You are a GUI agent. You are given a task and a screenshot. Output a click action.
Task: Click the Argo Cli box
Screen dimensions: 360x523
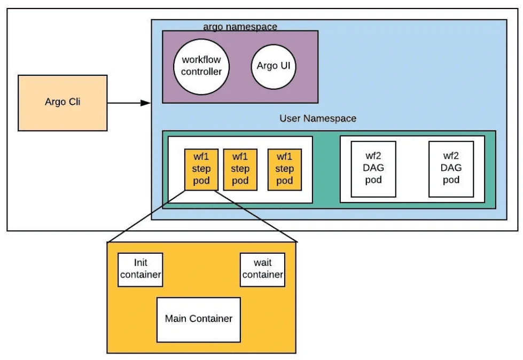[x=63, y=103]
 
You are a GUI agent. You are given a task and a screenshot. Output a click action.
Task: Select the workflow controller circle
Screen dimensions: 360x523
[x=201, y=66]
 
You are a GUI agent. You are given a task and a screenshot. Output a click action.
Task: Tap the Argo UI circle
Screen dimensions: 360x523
[x=274, y=66]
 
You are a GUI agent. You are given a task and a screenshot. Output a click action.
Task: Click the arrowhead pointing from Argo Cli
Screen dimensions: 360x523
[x=145, y=103]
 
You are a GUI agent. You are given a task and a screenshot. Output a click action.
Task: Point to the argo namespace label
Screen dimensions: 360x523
[x=240, y=26]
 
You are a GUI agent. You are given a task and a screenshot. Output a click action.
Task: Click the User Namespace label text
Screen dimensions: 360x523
[x=317, y=118]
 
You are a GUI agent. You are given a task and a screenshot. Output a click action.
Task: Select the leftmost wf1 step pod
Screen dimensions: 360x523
[x=201, y=169]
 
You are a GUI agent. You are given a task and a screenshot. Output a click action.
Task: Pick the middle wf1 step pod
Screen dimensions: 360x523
[x=240, y=169]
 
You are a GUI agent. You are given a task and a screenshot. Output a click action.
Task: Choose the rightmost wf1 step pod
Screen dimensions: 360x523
[x=284, y=169]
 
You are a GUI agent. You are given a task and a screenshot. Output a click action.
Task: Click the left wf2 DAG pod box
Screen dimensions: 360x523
[x=373, y=169]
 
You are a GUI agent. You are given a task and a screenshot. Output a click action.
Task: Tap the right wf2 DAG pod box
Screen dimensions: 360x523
[x=451, y=169]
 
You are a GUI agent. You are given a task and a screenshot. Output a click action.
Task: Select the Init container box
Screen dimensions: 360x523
[x=140, y=269]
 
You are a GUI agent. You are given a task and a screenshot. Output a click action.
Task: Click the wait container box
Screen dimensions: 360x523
[x=262, y=269]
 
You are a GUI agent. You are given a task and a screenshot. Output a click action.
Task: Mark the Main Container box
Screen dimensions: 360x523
[x=198, y=319]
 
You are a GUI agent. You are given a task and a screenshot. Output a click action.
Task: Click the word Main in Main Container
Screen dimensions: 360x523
[x=175, y=319]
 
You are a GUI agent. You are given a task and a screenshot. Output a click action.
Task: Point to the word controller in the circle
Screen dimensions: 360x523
[x=201, y=72]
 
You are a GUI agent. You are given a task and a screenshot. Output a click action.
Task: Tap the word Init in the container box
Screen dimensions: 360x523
[x=140, y=263]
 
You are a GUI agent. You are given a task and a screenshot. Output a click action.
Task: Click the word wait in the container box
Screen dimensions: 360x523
[x=262, y=263]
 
